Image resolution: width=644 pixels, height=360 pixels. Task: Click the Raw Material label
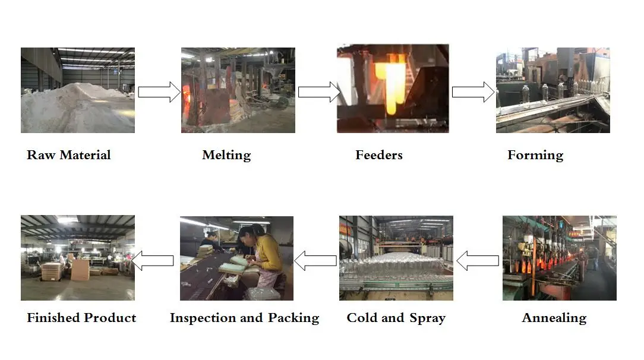pos(69,156)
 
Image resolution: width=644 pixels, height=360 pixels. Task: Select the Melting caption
pos(226,156)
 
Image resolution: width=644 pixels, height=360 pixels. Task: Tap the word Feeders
pos(379,156)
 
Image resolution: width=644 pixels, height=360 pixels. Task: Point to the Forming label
pos(535,156)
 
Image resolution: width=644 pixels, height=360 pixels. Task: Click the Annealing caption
pos(554,318)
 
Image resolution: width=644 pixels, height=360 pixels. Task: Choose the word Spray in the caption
pos(427,318)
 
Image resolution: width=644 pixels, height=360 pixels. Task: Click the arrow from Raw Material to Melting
pos(159,91)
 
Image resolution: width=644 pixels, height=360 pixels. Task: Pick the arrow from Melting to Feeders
pos(318,91)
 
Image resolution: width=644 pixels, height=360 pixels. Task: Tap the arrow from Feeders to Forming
pos(473,91)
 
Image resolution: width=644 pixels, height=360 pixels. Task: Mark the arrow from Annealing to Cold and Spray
pos(478,260)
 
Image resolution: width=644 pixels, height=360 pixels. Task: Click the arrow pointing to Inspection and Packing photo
pos(315,260)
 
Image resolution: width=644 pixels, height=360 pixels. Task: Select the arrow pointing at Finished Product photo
pos(153,260)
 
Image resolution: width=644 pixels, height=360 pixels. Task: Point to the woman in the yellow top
pos(264,252)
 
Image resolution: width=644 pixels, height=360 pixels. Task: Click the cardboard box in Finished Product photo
pos(80,270)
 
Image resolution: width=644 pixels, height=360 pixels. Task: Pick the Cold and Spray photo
pos(396,258)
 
